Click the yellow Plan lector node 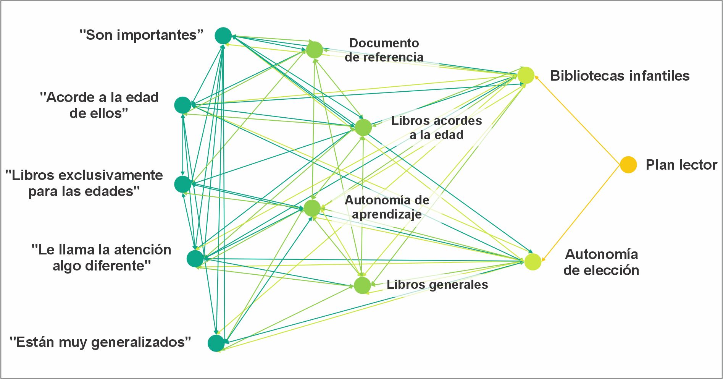[628, 165]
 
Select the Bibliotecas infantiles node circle [526, 75]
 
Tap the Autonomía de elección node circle [533, 262]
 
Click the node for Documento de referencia [315, 50]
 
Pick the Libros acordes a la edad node [363, 127]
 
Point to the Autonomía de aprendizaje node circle [312, 208]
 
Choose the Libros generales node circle [362, 285]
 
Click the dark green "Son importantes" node [223, 36]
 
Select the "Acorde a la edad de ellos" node [182, 105]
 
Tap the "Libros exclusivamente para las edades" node [182, 184]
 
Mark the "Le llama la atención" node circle [195, 259]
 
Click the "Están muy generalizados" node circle [216, 343]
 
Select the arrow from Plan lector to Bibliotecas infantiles [577, 120]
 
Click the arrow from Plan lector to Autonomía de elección [580, 213]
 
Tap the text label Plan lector [681, 165]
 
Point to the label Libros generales [437, 285]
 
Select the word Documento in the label [384, 43]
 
